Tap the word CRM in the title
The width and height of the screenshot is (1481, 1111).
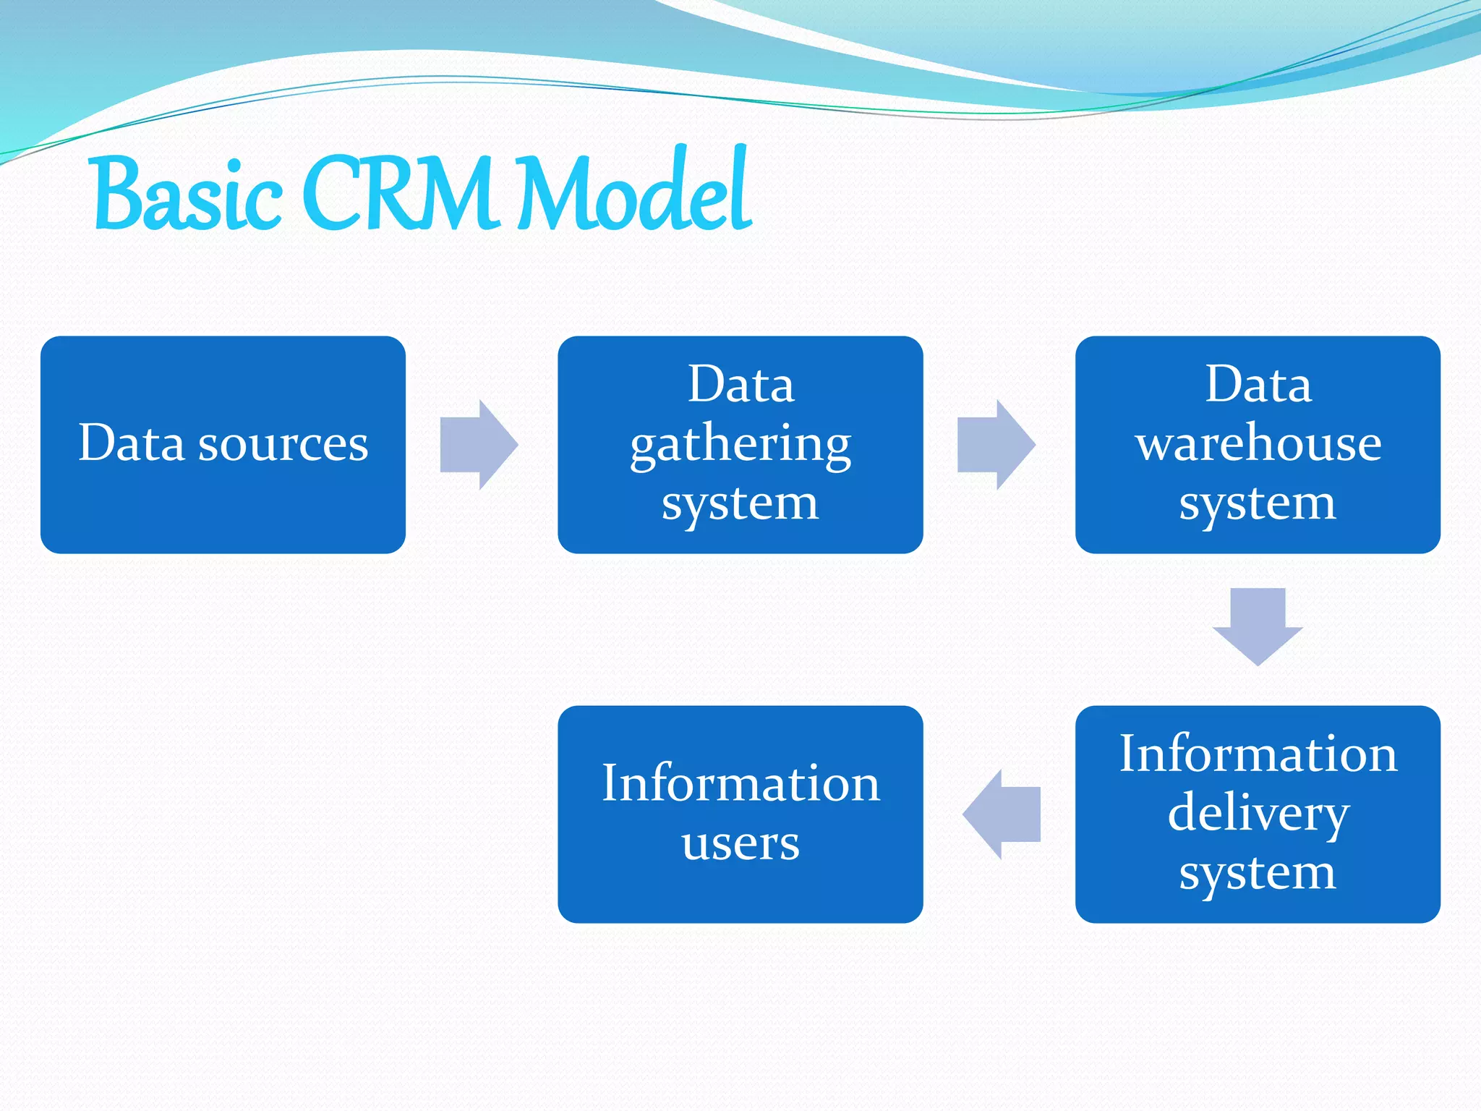401,194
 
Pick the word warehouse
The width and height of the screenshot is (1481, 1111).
1258,443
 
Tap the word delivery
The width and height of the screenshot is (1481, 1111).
1258,814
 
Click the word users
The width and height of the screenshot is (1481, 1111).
740,843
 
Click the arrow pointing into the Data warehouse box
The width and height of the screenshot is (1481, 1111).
996,445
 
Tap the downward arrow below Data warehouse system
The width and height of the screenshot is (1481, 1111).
1258,626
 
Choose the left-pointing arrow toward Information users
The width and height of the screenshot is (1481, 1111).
1002,814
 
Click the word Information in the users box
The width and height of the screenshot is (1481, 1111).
740,783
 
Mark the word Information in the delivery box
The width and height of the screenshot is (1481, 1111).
1258,754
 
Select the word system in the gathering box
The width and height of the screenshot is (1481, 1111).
740,503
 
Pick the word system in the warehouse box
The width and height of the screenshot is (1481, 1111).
1258,503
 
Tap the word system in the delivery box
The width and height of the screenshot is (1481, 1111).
1258,874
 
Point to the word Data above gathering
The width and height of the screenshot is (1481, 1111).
740,384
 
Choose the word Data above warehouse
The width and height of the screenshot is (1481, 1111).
1258,384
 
